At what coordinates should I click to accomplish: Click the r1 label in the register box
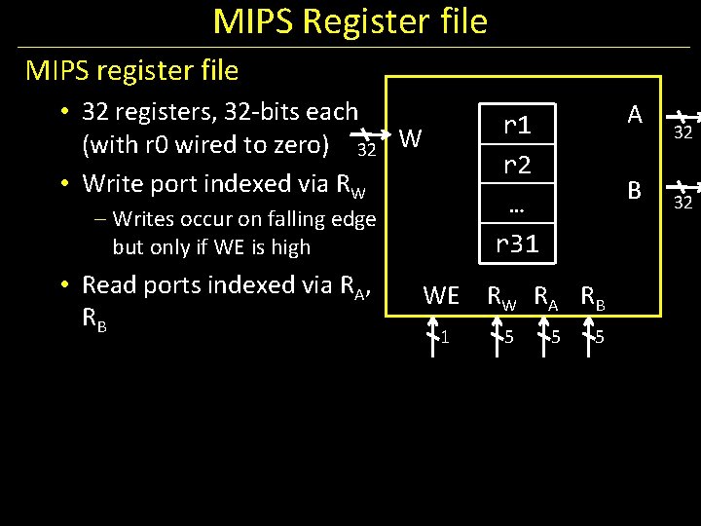517,126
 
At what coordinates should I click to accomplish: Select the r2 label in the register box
517,166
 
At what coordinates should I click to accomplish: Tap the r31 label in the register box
517,244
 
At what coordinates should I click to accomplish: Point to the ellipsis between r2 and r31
517,207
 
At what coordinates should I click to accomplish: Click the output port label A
635,115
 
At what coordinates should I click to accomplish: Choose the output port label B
635,191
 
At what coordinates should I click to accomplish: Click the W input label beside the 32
411,139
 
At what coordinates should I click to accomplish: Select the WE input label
441,295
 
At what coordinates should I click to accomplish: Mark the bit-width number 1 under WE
444,338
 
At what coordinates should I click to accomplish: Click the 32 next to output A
683,133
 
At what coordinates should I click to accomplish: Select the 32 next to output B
683,203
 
